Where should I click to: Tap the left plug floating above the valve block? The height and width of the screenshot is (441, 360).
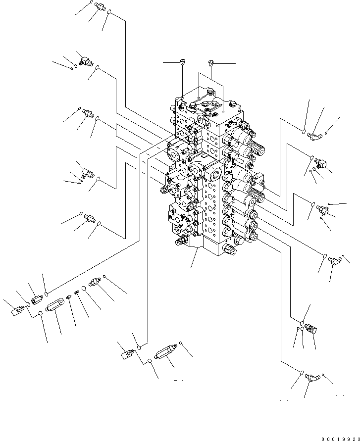183,62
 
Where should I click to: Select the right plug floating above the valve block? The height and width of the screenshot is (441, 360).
211,63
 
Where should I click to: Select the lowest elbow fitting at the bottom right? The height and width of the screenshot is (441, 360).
311,378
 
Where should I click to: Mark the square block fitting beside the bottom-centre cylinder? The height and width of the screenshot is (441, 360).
127,354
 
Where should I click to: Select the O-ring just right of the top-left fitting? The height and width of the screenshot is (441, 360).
110,13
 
